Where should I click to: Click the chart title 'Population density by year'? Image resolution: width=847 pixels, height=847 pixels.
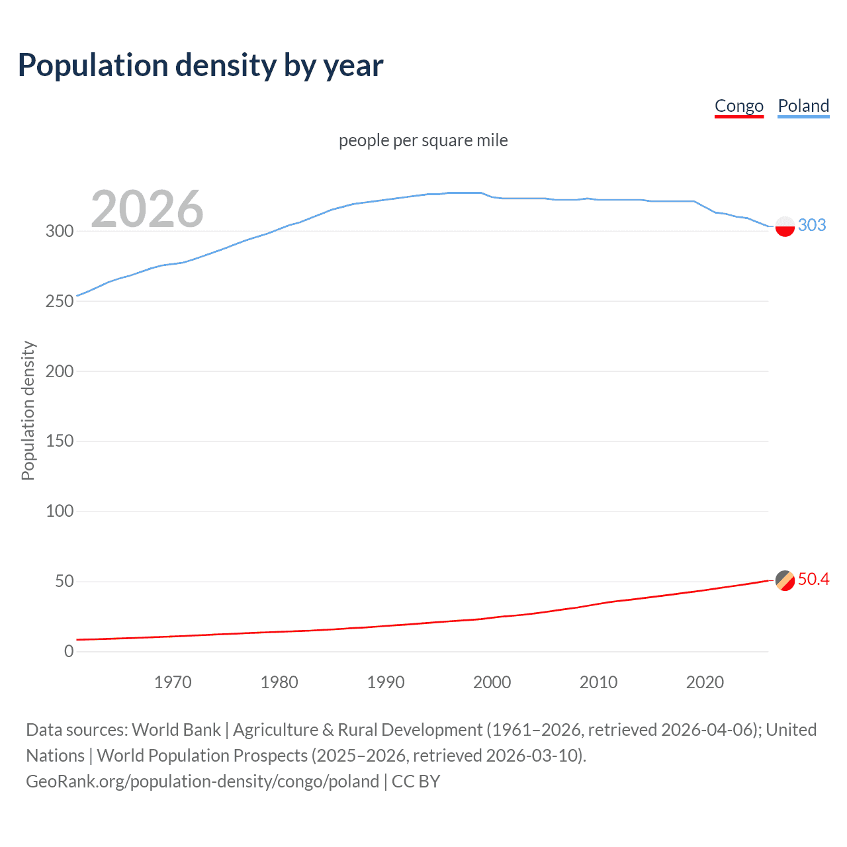[x=201, y=66]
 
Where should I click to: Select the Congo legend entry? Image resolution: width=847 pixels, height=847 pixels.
[x=738, y=106]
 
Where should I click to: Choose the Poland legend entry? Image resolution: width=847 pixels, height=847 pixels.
[x=803, y=106]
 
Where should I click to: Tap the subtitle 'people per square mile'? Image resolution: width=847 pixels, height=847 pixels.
[x=423, y=140]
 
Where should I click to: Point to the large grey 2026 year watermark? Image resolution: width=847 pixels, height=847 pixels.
[x=147, y=209]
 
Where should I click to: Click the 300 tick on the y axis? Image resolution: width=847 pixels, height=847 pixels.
[x=59, y=231]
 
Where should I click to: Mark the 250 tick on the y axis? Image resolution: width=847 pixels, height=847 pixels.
[x=59, y=301]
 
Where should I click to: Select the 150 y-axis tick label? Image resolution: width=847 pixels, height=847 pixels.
[x=59, y=441]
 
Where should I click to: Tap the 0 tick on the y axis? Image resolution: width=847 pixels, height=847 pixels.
[x=69, y=651]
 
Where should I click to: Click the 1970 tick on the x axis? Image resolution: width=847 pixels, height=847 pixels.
[x=173, y=682]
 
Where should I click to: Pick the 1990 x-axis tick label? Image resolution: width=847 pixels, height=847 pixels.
[x=386, y=682]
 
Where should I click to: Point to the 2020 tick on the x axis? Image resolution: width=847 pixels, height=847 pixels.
[x=705, y=682]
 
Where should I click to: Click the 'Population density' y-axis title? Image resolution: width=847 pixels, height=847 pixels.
[x=28, y=410]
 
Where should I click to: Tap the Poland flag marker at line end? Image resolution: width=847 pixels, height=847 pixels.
[x=785, y=226]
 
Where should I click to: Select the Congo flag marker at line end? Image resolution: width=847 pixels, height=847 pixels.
[x=785, y=580]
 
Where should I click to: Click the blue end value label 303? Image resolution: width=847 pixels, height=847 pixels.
[x=812, y=225]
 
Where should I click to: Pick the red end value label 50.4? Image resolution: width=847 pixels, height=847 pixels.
[x=813, y=580]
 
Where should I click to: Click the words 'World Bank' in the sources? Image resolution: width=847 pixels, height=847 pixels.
[x=176, y=730]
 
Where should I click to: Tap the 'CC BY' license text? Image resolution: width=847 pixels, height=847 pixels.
[x=416, y=781]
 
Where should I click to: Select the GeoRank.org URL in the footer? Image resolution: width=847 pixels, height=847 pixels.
[x=202, y=781]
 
